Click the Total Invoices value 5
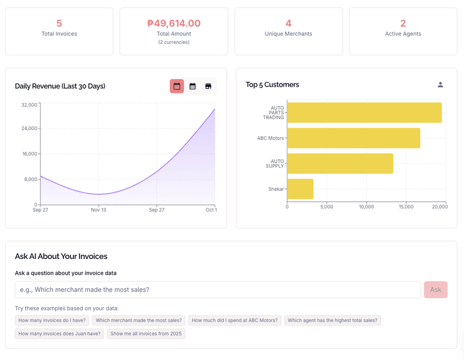pyautogui.click(x=59, y=23)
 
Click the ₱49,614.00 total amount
pyautogui.click(x=174, y=23)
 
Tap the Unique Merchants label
pyautogui.click(x=288, y=34)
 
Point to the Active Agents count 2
pyautogui.click(x=403, y=23)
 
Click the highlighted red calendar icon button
pyautogui.click(x=177, y=86)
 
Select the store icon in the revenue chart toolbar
pyautogui.click(x=208, y=86)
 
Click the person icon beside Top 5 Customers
pyautogui.click(x=440, y=85)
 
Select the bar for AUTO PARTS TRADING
pyautogui.click(x=364, y=112)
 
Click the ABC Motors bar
pyautogui.click(x=353, y=138)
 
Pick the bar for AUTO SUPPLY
pyautogui.click(x=340, y=163)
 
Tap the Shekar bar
pyautogui.click(x=300, y=189)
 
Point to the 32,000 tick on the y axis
pyautogui.click(x=29, y=105)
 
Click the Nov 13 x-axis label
pyautogui.click(x=98, y=210)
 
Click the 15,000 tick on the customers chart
pyautogui.click(x=406, y=207)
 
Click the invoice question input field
pyautogui.click(x=218, y=290)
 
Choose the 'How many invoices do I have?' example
pyautogui.click(x=52, y=320)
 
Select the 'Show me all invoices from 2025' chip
pyautogui.click(x=146, y=334)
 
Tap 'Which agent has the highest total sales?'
pyautogui.click(x=332, y=320)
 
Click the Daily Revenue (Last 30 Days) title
pyautogui.click(x=60, y=86)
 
